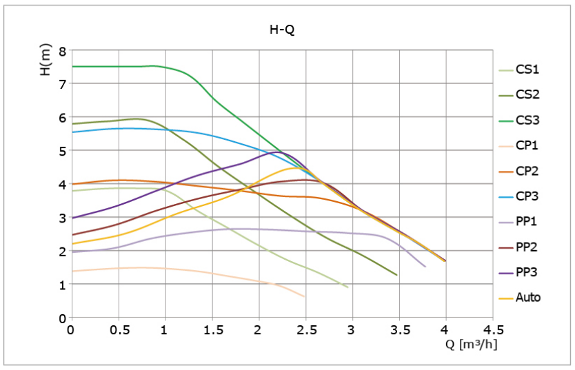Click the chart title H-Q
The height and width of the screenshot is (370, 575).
point(282,30)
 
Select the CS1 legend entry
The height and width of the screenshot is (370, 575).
point(519,69)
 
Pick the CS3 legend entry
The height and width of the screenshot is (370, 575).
point(519,120)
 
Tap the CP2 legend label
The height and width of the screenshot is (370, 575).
point(527,171)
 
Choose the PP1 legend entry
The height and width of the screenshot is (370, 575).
point(518,221)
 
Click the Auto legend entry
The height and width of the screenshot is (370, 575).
point(520,297)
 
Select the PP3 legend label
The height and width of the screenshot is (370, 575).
point(527,272)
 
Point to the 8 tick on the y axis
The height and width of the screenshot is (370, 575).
point(63,50)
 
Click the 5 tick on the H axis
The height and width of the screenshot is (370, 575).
point(63,151)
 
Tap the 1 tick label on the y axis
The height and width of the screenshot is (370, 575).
point(63,285)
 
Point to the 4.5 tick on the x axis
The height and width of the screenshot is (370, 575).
point(492,330)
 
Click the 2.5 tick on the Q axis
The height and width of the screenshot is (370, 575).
point(306,330)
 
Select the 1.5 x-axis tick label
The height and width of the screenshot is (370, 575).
point(212,330)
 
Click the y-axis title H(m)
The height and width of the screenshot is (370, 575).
point(46,60)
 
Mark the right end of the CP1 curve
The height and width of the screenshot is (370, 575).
point(304,296)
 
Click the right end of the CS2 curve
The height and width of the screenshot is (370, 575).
point(396,275)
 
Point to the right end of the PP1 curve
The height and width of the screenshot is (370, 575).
point(425,267)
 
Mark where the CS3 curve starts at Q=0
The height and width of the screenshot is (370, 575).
point(72,67)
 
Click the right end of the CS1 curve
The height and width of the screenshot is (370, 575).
point(347,287)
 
